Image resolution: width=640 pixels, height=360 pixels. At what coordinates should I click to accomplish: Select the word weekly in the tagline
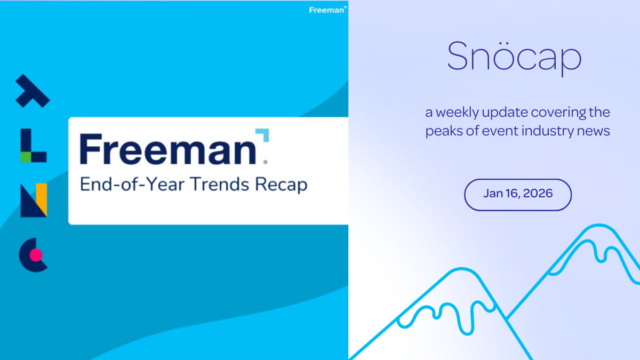tap(460, 113)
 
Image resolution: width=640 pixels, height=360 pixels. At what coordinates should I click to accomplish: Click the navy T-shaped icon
tap(32, 91)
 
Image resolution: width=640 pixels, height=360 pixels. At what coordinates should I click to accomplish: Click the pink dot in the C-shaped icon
tap(36, 255)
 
